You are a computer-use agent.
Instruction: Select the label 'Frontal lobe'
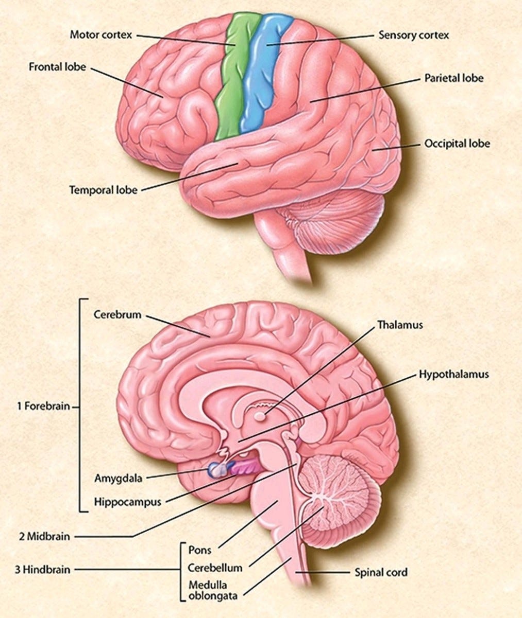57,67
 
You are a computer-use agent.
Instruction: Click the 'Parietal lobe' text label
454,79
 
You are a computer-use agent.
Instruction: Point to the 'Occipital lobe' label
457,143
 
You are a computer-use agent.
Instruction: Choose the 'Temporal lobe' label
104,190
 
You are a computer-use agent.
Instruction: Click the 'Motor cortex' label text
100,35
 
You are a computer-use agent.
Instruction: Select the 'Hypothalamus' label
453,374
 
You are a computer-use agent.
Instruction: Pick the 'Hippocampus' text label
128,501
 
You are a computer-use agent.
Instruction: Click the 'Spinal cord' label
381,572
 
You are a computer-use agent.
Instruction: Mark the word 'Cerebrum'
117,314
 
